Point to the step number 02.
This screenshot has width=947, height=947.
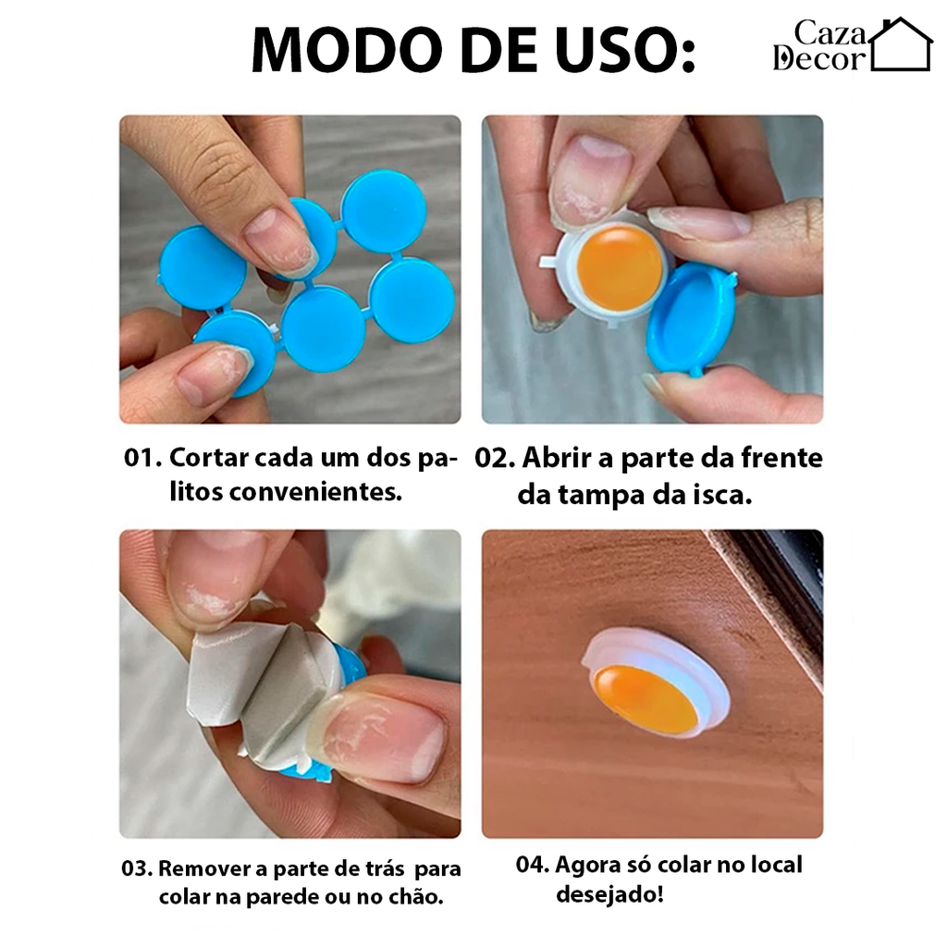coord(495,459)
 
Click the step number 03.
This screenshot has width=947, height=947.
coord(137,869)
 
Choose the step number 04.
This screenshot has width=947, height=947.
coord(533,866)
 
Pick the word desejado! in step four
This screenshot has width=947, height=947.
coord(609,894)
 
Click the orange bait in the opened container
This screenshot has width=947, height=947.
coord(619,267)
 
